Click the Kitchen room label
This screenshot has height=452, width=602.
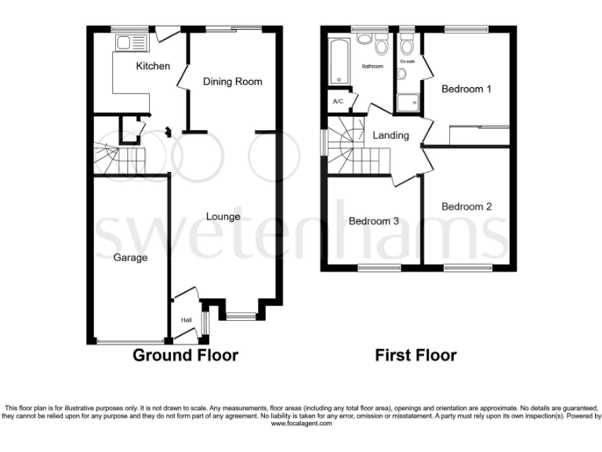pos(153,66)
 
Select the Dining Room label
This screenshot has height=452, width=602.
pos(232,82)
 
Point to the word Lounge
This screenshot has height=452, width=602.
pos(223,217)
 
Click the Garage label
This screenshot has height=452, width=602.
pos(130,257)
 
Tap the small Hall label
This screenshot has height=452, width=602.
pos(187,320)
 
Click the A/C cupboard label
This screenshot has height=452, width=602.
pos(338,102)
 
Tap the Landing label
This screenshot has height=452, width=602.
pos(390,135)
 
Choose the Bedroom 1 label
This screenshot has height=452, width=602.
pos(466,89)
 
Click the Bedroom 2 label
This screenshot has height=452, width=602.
pos(466,206)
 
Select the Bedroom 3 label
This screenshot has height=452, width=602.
pos(374,221)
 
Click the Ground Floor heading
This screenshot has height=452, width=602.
pos(185,355)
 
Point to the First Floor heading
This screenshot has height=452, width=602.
pos(415,355)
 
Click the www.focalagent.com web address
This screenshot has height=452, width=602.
pos(301,423)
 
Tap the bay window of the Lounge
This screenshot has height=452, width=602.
pos(241,316)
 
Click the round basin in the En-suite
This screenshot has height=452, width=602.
pos(401,74)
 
